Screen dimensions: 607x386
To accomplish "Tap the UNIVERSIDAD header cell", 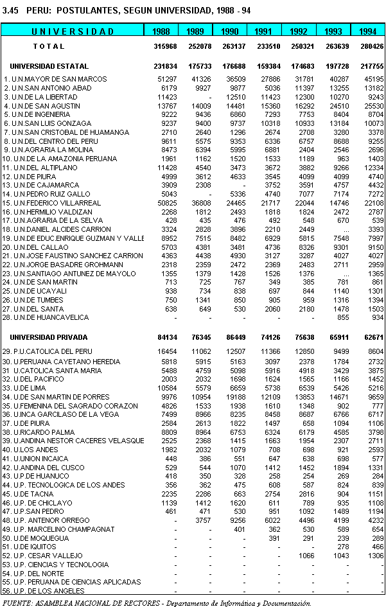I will click(x=73, y=31).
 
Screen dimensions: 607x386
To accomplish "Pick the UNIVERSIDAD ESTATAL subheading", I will click(x=49, y=67).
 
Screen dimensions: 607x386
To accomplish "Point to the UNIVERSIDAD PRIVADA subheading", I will click(x=49, y=337).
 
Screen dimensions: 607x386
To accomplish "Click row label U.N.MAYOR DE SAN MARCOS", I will click(x=48, y=79).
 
